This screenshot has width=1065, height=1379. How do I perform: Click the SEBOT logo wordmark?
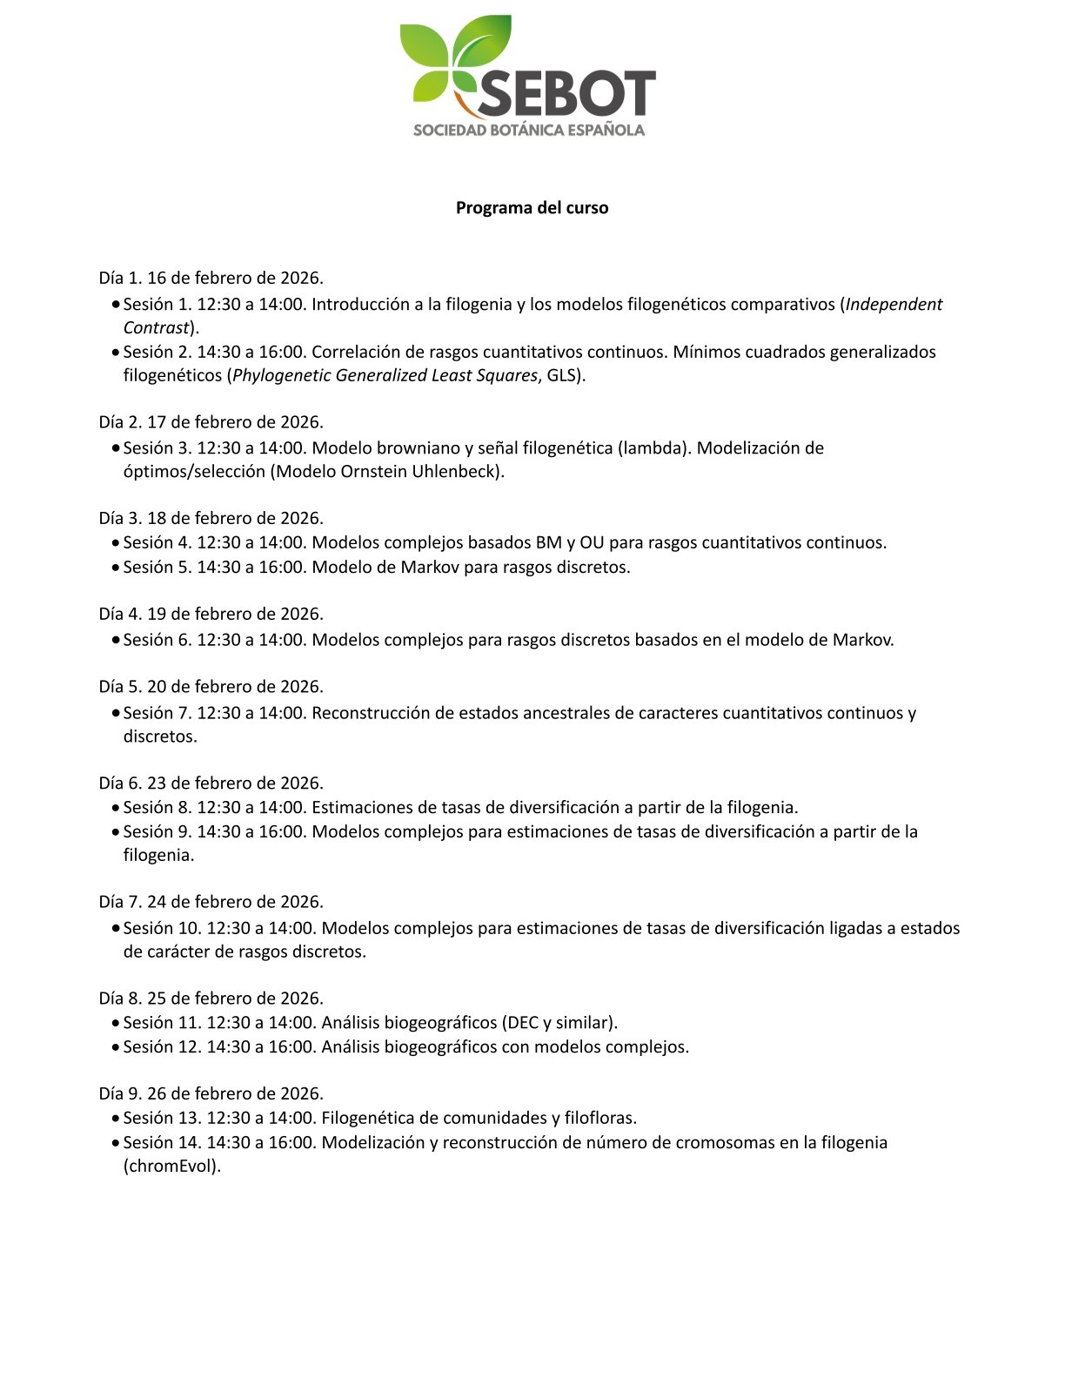566,93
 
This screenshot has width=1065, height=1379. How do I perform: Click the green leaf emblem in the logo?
452,57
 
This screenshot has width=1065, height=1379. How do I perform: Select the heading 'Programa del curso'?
532,208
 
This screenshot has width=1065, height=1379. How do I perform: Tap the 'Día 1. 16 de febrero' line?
211,279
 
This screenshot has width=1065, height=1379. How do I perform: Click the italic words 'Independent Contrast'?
894,305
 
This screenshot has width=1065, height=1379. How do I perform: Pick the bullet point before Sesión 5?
116,568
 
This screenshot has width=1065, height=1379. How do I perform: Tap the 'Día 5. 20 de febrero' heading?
211,687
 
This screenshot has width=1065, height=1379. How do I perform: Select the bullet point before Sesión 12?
116,1047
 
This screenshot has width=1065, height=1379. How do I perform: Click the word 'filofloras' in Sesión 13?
599,1118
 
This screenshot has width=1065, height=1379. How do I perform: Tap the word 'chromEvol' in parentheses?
171,1167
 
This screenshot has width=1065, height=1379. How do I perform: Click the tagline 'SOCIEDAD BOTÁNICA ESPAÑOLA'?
529,131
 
